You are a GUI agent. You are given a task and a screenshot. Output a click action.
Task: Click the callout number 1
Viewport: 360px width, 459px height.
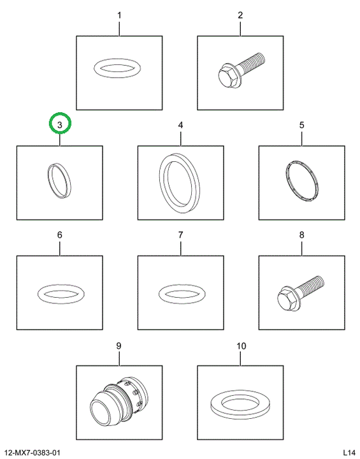coord(119,15)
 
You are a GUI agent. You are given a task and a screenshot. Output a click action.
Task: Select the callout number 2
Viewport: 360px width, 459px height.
coord(240,15)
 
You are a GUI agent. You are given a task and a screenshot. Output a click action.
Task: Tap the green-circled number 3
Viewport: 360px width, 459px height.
coord(60,125)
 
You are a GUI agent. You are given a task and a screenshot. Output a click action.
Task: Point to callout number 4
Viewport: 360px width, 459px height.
coord(180,125)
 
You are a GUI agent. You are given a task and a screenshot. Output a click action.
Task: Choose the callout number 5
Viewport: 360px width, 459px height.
coord(302,125)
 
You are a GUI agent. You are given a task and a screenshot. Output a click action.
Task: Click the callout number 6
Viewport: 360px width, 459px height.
coord(60,235)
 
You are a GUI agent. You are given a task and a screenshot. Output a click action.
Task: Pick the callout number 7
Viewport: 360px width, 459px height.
coord(180,235)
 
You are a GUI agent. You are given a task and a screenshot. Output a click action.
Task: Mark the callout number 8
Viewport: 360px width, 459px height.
coord(302,235)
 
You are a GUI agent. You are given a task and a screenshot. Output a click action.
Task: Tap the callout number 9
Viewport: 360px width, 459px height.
coord(119,346)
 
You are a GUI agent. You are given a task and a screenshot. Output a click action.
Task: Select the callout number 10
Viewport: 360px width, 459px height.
coord(241,346)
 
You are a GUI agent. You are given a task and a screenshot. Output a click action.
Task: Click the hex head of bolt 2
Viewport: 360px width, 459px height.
coord(227,77)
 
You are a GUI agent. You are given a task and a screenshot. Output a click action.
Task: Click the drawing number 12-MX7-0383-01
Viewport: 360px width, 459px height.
coord(32,453)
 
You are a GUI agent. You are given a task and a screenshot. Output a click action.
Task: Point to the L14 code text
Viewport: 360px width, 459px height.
coord(349,453)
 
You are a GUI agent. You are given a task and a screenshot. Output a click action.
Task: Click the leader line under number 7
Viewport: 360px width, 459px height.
coord(180,248)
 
